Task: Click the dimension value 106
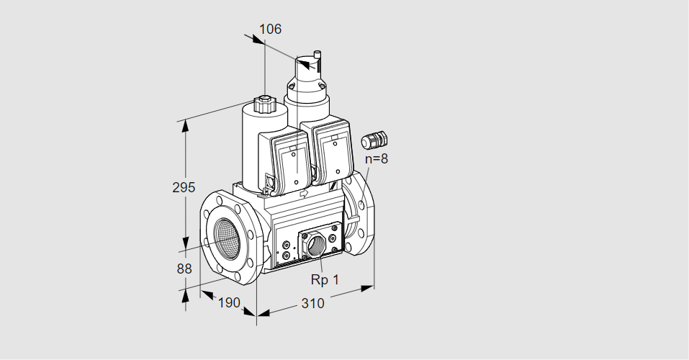[270, 29]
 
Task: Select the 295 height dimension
[184, 187]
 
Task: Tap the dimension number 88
[184, 269]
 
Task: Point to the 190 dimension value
[229, 302]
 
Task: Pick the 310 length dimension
[312, 303]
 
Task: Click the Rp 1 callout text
[325, 279]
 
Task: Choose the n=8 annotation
[377, 158]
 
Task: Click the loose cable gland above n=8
[374, 140]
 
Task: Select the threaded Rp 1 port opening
[315, 244]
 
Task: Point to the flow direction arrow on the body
[304, 193]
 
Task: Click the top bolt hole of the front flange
[220, 200]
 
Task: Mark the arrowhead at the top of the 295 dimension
[186, 125]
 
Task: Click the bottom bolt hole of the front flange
[238, 276]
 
